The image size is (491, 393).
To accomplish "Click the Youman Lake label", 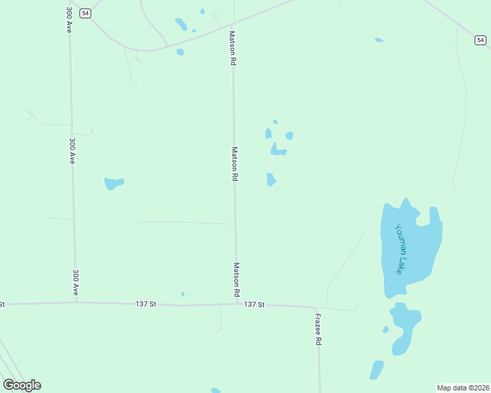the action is click(402, 249).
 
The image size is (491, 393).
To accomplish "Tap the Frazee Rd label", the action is click(318, 329).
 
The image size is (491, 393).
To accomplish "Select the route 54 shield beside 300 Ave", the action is click(86, 13).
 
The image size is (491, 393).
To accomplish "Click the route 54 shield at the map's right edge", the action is click(480, 41).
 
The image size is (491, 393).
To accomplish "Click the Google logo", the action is click(22, 385).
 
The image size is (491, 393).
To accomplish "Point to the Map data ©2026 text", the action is click(463, 388).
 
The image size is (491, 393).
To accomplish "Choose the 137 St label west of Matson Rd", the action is click(146, 304).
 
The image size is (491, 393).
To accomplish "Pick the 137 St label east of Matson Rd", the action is click(254, 305).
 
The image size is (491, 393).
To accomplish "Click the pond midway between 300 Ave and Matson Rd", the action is click(114, 183).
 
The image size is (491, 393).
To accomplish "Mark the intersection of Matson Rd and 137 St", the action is click(236, 304).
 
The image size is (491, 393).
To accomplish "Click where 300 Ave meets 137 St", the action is click(76, 302).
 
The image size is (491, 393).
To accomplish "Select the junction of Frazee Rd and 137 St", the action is click(318, 307).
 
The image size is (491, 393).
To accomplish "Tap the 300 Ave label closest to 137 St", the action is click(76, 281).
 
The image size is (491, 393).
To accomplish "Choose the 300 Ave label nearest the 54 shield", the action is click(68, 20).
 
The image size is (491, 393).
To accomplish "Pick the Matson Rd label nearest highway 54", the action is click(232, 48).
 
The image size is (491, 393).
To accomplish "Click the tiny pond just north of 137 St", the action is click(182, 294).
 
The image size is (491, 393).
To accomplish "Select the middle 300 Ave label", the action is click(72, 150).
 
